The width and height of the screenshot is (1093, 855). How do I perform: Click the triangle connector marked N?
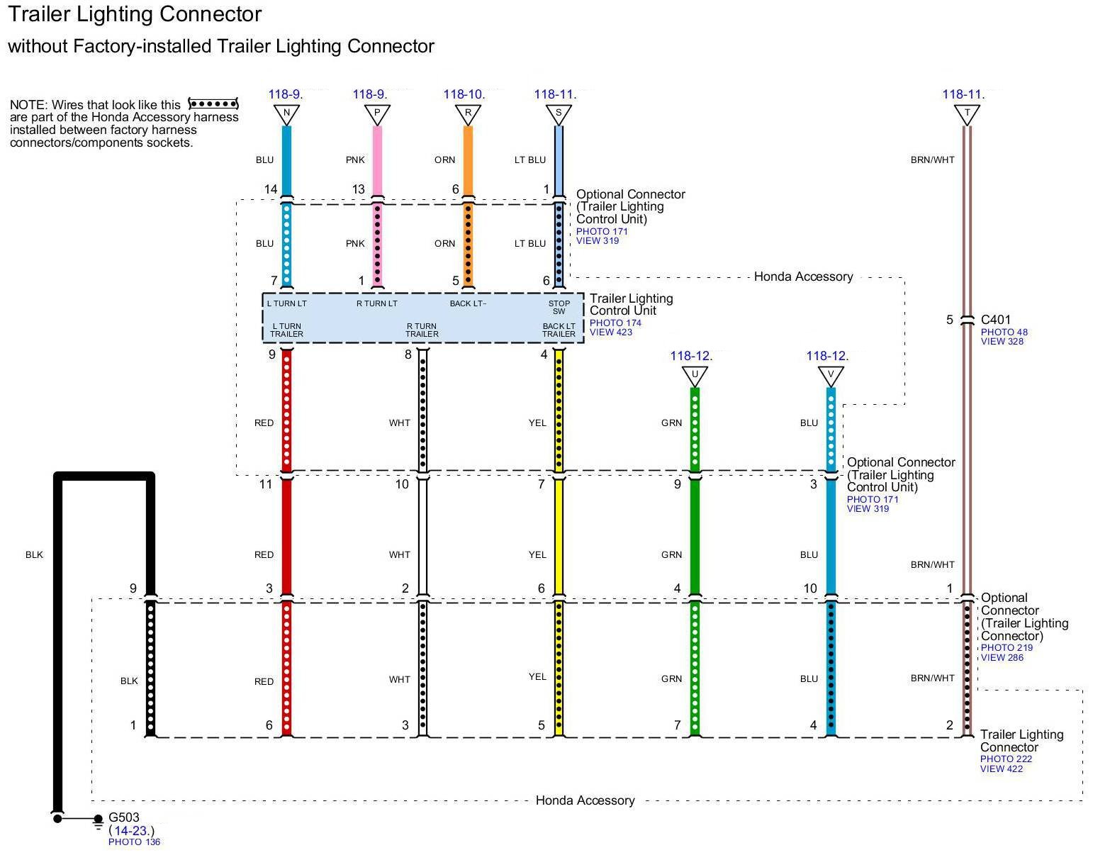286,113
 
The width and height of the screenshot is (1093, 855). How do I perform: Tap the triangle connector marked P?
377,113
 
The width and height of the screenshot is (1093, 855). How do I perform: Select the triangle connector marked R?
468,113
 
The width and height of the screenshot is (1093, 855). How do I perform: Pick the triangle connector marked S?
559,113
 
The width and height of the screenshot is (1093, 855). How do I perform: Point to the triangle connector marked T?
967,113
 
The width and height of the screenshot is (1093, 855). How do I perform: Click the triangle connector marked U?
695,375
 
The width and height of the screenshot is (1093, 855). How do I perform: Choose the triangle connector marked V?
831,375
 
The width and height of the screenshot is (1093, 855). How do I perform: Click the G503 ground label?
124,817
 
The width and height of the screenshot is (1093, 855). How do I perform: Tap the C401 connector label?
996,320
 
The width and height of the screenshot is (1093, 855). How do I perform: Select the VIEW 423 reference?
611,332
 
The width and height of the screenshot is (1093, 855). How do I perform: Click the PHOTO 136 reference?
135,842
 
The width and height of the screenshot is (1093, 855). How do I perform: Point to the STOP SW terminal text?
559,307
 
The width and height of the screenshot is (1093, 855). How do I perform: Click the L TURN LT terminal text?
286,303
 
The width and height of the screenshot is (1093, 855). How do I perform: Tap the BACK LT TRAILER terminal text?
559,330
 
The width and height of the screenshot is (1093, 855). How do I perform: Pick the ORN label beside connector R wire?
445,160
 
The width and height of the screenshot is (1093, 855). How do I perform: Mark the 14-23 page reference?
132,830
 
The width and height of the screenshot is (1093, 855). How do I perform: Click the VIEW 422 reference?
1002,769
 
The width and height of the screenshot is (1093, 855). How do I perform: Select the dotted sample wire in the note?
213,104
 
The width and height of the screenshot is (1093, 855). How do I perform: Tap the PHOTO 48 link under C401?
1004,332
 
